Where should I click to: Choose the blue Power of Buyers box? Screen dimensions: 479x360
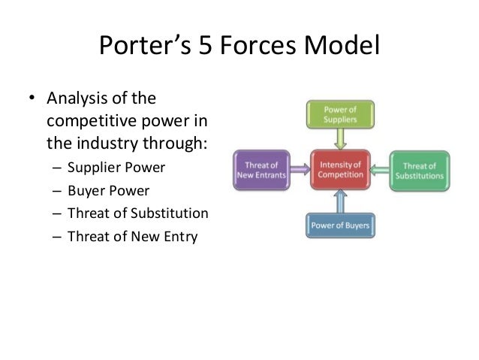point(340,224)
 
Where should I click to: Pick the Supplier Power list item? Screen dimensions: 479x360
point(115,166)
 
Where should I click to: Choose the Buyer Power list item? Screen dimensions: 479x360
point(108,189)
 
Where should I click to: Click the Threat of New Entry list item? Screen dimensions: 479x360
point(131,237)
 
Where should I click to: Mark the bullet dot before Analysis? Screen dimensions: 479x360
point(33,99)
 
